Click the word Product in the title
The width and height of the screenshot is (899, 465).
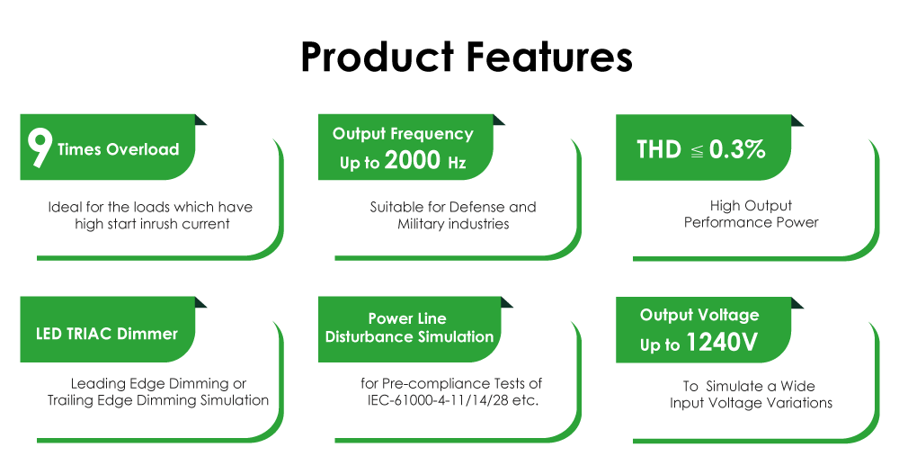pos(377,57)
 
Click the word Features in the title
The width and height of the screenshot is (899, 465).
pos(548,57)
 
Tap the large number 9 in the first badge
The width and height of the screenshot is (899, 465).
pos(39,148)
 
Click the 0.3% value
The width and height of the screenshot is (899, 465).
pos(737,149)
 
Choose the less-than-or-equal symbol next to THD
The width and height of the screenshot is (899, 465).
pos(697,151)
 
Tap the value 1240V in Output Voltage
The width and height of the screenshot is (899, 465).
pos(723,344)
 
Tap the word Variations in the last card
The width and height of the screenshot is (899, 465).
pos(799,403)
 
